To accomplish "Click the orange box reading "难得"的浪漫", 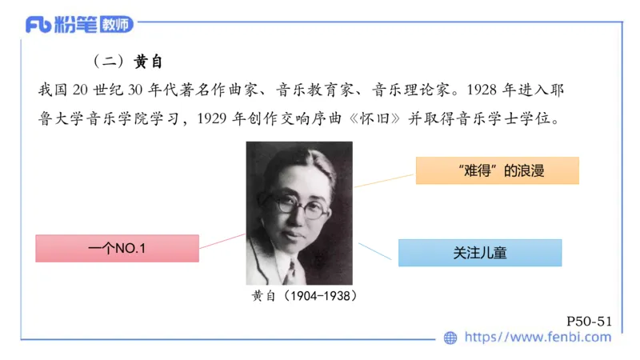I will click(x=497, y=170).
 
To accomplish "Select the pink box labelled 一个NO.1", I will click(x=117, y=248).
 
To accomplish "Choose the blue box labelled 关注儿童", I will click(x=479, y=253).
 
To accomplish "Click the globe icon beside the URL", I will click(x=450, y=338).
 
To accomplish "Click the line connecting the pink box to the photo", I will click(x=222, y=241).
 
